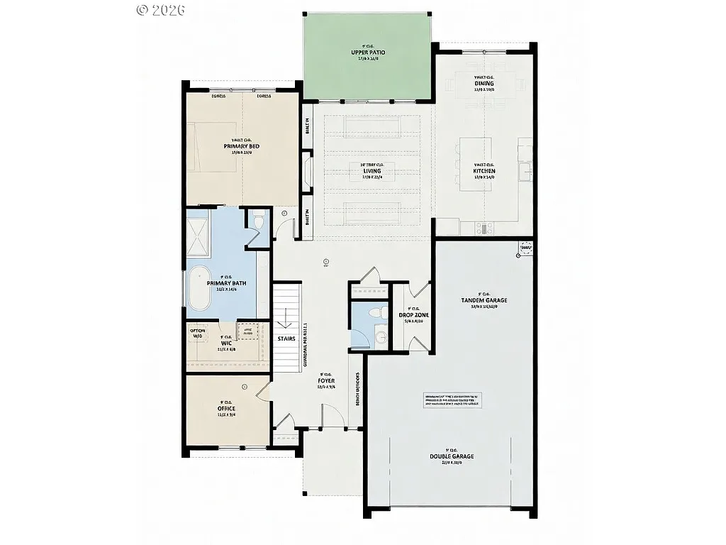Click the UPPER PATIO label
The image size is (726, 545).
pyautogui.click(x=368, y=53)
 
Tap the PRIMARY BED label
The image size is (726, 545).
pyautogui.click(x=241, y=146)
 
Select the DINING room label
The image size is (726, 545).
pyautogui.click(x=484, y=84)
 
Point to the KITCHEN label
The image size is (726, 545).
pyautogui.click(x=484, y=171)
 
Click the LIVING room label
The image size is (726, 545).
pyautogui.click(x=372, y=171)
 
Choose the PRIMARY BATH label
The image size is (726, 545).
pyautogui.click(x=227, y=283)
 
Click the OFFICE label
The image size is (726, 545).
pyautogui.click(x=227, y=408)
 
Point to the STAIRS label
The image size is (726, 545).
pyautogui.click(x=286, y=338)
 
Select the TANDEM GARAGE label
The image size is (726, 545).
pyautogui.click(x=484, y=300)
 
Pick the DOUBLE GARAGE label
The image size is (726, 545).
pyautogui.click(x=451, y=456)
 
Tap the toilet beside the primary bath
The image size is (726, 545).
pyautogui.click(x=259, y=222)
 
